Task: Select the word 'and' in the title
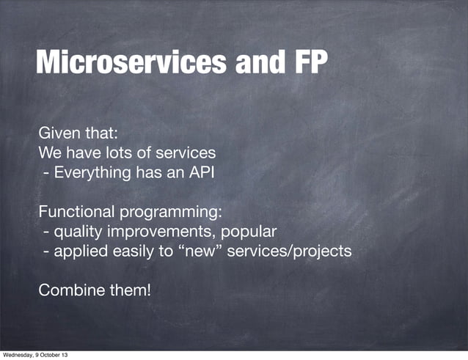pyautogui.click(x=256, y=64)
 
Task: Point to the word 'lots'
pyautogui.click(x=135, y=153)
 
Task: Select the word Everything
pyautogui.click(x=93, y=173)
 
